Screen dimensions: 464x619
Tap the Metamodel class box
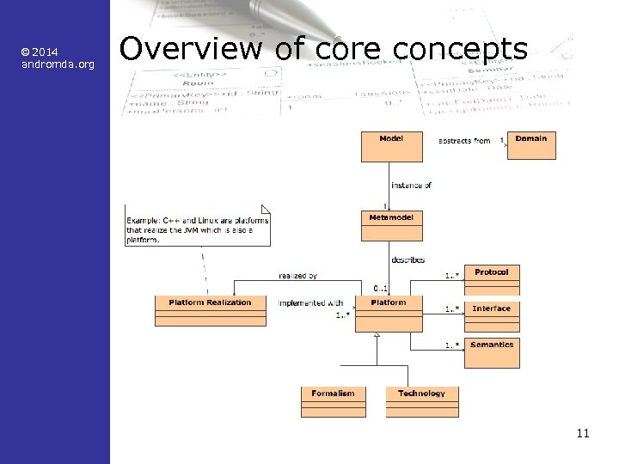392,225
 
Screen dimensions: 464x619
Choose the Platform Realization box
211,310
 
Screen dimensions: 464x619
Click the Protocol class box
492,280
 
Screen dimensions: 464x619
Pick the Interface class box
492,316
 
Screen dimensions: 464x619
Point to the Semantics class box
492,352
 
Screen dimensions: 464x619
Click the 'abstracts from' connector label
464,141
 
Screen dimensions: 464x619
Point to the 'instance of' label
411,185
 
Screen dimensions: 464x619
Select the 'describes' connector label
408,259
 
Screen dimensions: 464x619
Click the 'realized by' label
298,276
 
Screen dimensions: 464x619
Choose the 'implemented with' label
310,302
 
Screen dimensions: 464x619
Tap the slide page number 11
583,433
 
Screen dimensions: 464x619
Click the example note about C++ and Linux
198,229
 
